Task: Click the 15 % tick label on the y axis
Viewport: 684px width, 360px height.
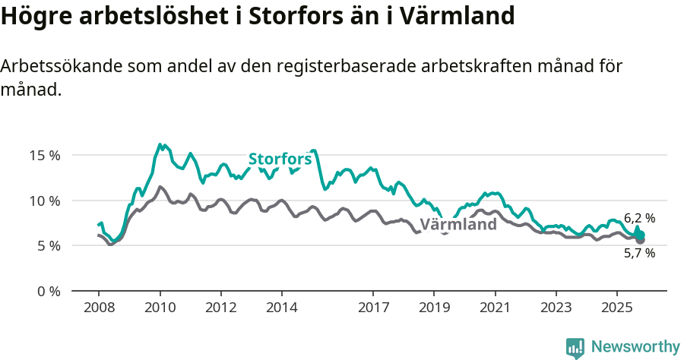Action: point(44,155)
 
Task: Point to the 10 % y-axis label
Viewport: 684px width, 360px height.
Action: point(44,201)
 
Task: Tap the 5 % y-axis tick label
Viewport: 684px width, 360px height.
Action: point(47,245)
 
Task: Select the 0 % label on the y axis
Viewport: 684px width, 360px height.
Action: point(47,291)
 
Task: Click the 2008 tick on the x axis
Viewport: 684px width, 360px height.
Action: point(99,309)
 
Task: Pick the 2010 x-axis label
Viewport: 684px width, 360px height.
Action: point(160,309)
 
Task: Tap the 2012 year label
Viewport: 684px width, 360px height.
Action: point(220,309)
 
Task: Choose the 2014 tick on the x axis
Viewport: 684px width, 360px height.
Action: point(281,309)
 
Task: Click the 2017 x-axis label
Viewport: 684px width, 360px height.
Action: point(373,309)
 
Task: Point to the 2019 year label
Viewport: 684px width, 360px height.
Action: point(434,309)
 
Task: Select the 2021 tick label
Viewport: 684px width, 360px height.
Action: point(495,309)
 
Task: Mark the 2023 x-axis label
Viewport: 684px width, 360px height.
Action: point(556,309)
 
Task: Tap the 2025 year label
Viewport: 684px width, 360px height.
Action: point(616,309)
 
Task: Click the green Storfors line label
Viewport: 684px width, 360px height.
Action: point(280,159)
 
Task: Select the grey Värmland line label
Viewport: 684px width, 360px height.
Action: point(458,224)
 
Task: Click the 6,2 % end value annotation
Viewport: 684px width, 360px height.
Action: point(639,218)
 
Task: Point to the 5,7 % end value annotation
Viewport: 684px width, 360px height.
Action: point(639,254)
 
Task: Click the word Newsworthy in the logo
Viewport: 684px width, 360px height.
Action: point(635,347)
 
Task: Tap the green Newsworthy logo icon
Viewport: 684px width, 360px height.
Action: point(575,348)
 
